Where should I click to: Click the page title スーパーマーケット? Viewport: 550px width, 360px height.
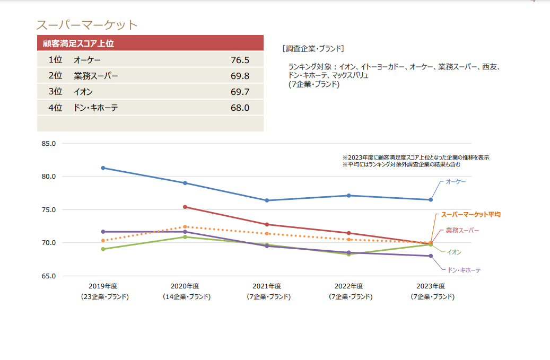pos(86,24)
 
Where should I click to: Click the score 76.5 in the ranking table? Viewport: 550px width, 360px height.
pos(240,60)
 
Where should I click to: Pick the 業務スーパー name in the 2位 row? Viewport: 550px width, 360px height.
pos(96,76)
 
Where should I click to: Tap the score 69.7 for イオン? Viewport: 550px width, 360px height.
pos(240,92)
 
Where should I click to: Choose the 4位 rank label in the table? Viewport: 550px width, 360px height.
pos(55,108)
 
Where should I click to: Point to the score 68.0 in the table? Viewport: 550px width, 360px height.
pos(240,108)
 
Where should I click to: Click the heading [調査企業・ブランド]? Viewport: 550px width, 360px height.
pos(313,48)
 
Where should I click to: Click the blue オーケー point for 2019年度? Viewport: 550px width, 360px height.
pos(103,168)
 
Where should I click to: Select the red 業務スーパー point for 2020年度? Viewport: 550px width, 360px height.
pos(185,207)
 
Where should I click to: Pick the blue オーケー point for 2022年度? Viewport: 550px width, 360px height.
pos(348,196)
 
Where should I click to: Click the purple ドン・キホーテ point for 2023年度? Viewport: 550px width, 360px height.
pos(431,256)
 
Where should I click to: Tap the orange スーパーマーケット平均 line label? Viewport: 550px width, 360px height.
pos(471,215)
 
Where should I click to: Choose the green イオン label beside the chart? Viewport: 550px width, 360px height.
pos(454,252)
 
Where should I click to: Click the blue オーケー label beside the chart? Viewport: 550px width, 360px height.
pos(456,181)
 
